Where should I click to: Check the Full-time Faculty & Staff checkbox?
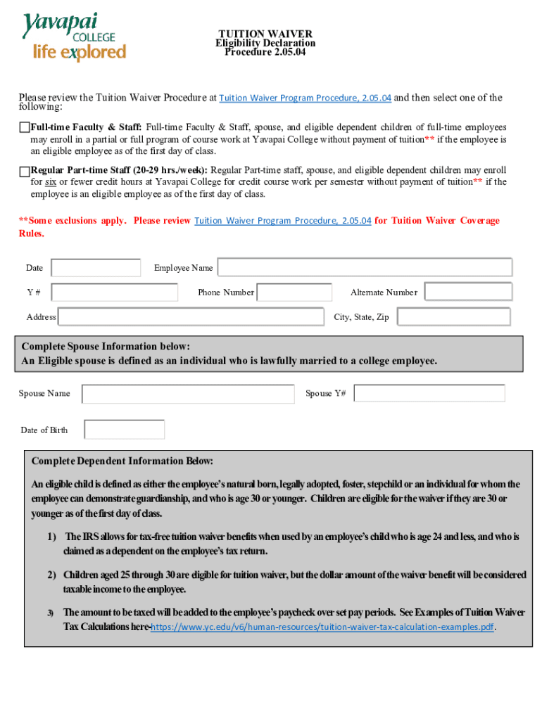tap(25, 127)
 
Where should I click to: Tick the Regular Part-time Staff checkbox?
tap(25, 171)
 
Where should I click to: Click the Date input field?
tap(96, 268)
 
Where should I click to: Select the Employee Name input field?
tap(365, 267)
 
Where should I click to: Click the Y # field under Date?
tap(115, 292)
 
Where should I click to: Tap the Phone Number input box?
tap(294, 292)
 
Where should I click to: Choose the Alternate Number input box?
tap(468, 292)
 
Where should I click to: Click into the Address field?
tap(193, 317)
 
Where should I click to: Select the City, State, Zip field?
tap(453, 317)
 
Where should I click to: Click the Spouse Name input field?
tap(188, 394)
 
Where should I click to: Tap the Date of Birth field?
tap(125, 430)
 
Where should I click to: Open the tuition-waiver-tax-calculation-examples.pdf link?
tap(322, 626)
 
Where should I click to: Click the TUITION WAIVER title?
tap(265, 34)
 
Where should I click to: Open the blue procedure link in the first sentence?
tap(305, 98)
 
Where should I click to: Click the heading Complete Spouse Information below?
tap(106, 347)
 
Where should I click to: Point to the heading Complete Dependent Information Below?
tap(122, 461)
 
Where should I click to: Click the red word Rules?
tap(31, 233)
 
